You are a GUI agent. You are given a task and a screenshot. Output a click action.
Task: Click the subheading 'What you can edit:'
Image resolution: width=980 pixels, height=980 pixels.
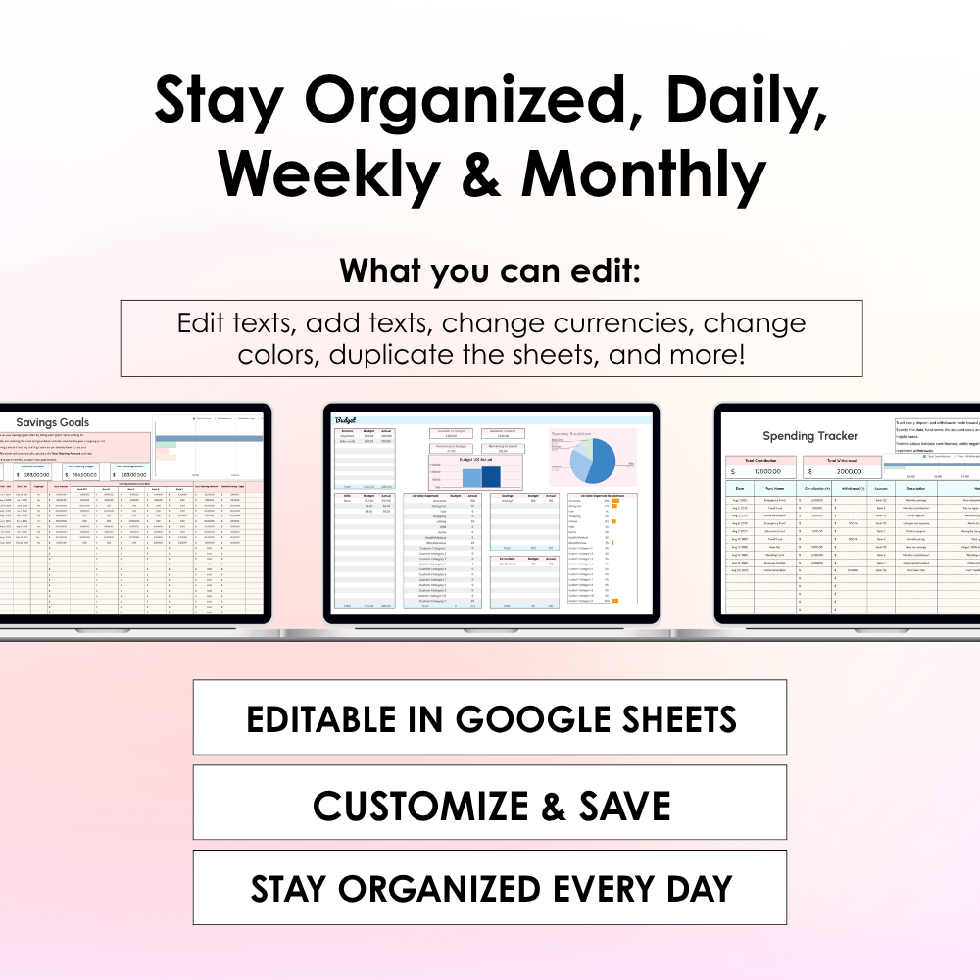490,270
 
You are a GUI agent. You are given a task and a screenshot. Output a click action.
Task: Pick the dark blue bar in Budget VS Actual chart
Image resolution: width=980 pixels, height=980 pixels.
491,476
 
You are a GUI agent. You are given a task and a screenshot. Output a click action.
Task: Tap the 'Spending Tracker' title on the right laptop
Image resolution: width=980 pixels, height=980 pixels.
810,435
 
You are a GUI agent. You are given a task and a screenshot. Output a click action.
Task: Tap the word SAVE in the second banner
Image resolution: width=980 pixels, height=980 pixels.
624,807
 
